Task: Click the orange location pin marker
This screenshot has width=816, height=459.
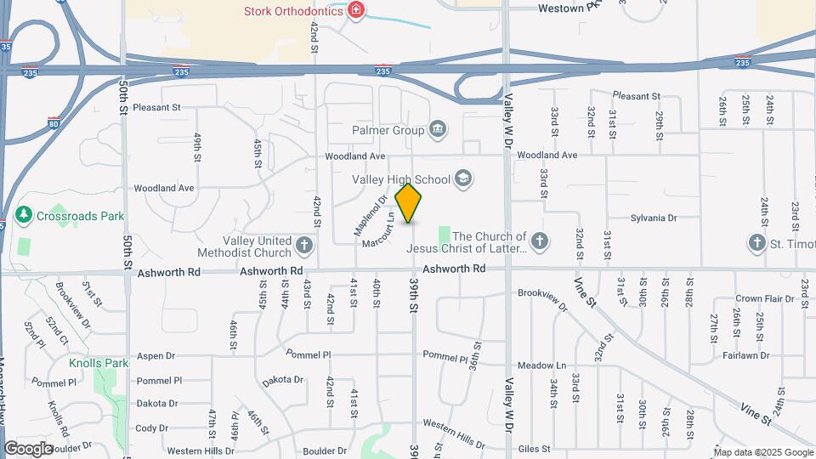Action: pyautogui.click(x=409, y=203)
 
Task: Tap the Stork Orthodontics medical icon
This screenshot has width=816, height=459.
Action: pyautogui.click(x=357, y=10)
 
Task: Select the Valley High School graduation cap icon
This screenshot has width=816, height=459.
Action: pyautogui.click(x=463, y=178)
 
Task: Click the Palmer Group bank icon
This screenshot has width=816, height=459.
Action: pyautogui.click(x=438, y=130)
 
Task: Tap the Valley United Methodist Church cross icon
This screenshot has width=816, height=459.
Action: pyautogui.click(x=304, y=246)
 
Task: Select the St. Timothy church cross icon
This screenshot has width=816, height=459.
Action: pyautogui.click(x=756, y=242)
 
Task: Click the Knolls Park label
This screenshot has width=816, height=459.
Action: pyautogui.click(x=99, y=363)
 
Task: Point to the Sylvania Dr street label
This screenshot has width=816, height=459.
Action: pyautogui.click(x=653, y=218)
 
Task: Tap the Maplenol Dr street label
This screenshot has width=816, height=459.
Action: pyautogui.click(x=370, y=216)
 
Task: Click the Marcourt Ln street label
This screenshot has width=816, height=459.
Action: pyautogui.click(x=379, y=230)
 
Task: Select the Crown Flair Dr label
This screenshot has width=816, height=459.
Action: pyautogui.click(x=760, y=298)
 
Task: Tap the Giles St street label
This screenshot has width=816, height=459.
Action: pyautogui.click(x=535, y=447)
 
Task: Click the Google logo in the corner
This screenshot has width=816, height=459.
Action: pyautogui.click(x=28, y=449)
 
